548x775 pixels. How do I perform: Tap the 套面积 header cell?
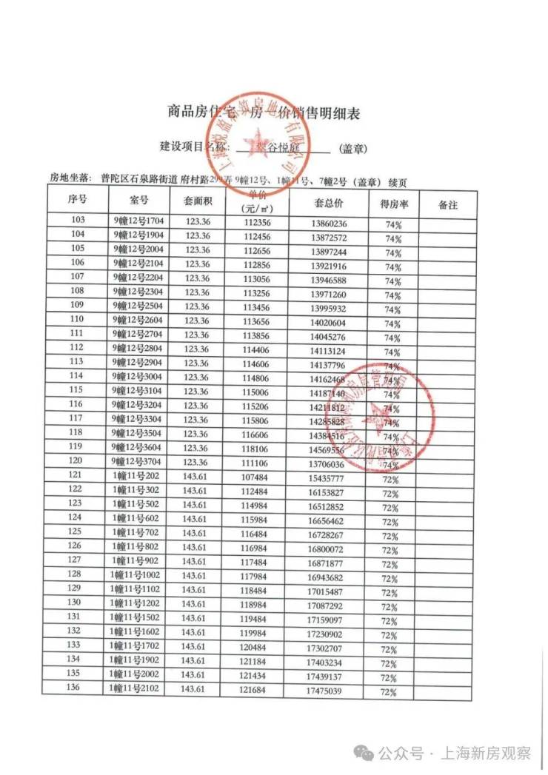(198, 201)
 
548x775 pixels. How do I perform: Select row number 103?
(77, 221)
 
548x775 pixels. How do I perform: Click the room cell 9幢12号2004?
(139, 249)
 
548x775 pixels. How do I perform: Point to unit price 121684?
(256, 690)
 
